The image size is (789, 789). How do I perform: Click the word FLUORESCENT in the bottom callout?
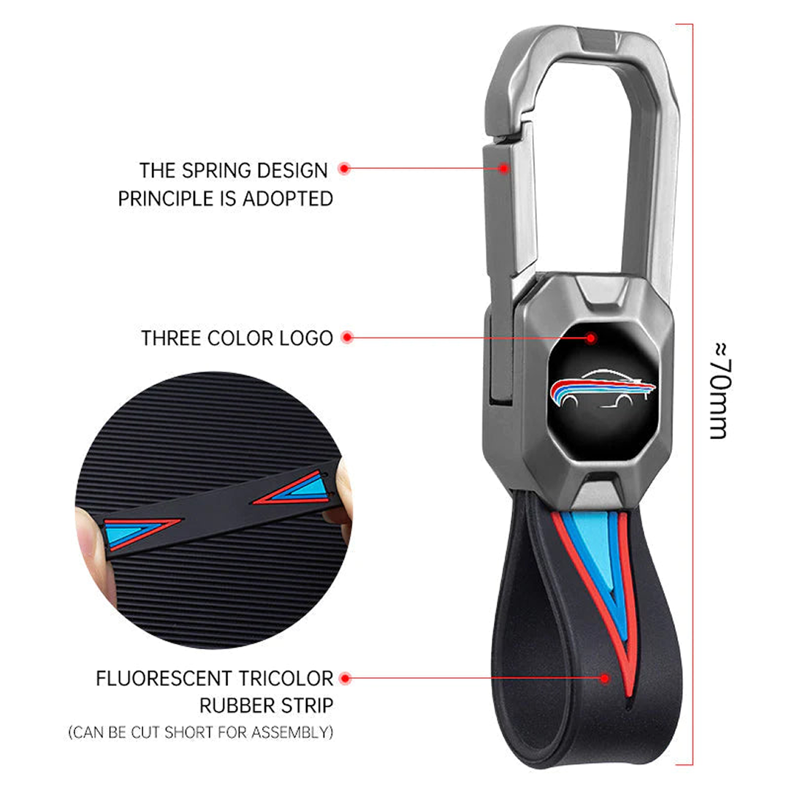pos(164,679)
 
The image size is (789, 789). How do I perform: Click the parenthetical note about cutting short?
pos(201,731)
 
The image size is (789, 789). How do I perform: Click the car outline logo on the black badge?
pos(603,386)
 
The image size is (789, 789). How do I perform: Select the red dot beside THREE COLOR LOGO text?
pos(347,338)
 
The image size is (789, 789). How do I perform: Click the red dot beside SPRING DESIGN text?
pos(344,169)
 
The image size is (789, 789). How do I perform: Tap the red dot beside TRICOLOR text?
pos(346,679)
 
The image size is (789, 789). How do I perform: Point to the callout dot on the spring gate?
pos(503,169)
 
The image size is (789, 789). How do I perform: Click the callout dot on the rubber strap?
pos(605,679)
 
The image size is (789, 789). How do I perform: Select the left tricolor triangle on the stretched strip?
pos(140,531)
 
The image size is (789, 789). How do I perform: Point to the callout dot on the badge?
pos(592,338)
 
